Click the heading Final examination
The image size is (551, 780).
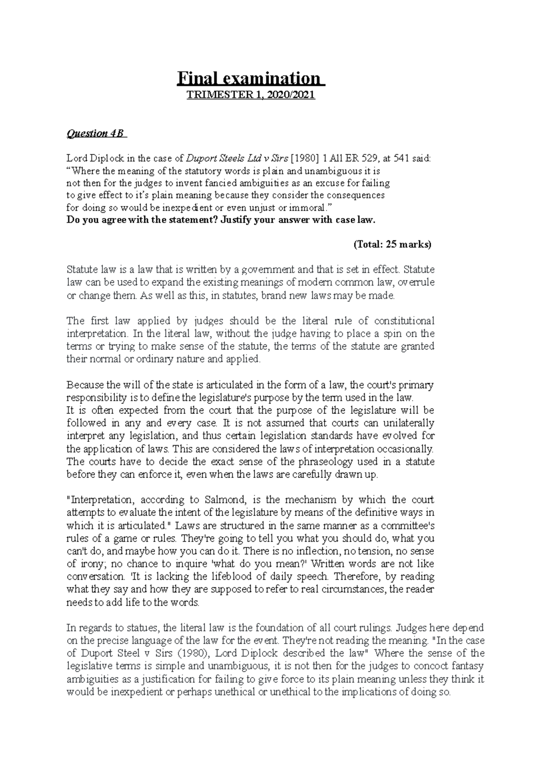click(251, 79)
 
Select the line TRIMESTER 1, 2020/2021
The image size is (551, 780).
click(250, 96)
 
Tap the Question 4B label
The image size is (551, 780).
click(97, 134)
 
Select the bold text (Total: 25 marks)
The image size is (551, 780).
click(393, 244)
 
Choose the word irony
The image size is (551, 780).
click(89, 564)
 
